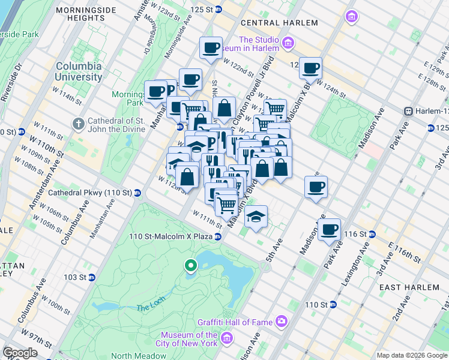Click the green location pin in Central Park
(190, 265)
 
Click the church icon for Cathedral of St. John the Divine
(77, 124)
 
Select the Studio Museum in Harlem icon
(288, 43)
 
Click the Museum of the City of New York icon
(226, 339)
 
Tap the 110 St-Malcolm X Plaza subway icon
(218, 236)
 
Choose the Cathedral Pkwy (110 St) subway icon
(137, 193)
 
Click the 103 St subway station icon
(91, 277)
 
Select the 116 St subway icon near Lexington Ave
(372, 233)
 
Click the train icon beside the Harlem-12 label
(408, 111)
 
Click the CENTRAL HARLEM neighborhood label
(279, 23)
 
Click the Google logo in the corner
(20, 352)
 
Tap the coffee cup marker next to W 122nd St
(211, 48)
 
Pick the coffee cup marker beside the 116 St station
(329, 230)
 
